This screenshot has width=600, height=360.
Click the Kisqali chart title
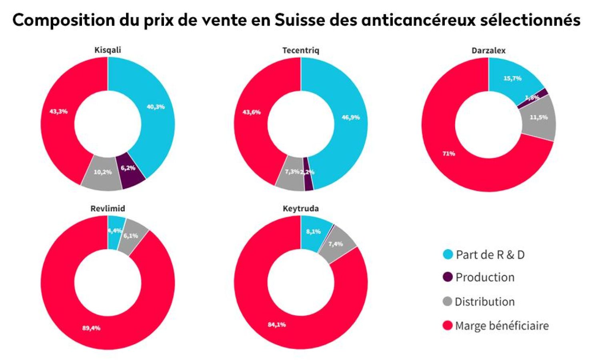coord(108,50)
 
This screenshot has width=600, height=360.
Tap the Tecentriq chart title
coord(301,50)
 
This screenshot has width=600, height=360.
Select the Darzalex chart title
coord(488,51)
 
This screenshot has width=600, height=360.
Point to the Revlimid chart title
coord(108,208)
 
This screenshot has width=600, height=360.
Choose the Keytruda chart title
coord(301,208)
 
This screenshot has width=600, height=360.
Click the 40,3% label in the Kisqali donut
coord(156,107)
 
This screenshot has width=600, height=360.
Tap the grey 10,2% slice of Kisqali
coord(102,173)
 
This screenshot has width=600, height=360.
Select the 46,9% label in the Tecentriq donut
coord(350,117)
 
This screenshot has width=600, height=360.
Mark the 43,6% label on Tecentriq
coord(252,112)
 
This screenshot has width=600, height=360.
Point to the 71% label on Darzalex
coord(448,153)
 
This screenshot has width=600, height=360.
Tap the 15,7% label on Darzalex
coord(512,78)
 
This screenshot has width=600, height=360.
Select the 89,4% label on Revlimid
coord(91,328)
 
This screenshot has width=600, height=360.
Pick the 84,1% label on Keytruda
coord(277,324)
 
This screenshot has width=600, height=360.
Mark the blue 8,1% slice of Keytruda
coord(314,232)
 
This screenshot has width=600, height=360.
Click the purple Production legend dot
coord(448,277)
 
